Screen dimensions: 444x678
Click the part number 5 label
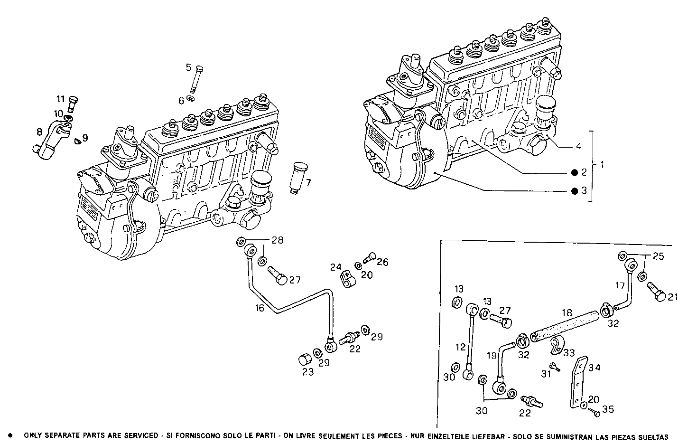click(188, 67)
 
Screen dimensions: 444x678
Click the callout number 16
click(260, 308)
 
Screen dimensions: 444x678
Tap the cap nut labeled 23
click(305, 358)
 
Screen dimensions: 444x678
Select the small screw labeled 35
click(593, 413)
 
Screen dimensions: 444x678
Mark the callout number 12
click(460, 347)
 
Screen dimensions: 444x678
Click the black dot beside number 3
click(574, 191)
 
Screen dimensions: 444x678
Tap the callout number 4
click(578, 146)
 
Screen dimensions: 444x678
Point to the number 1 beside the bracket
click(602, 165)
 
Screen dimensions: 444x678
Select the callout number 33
click(568, 353)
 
